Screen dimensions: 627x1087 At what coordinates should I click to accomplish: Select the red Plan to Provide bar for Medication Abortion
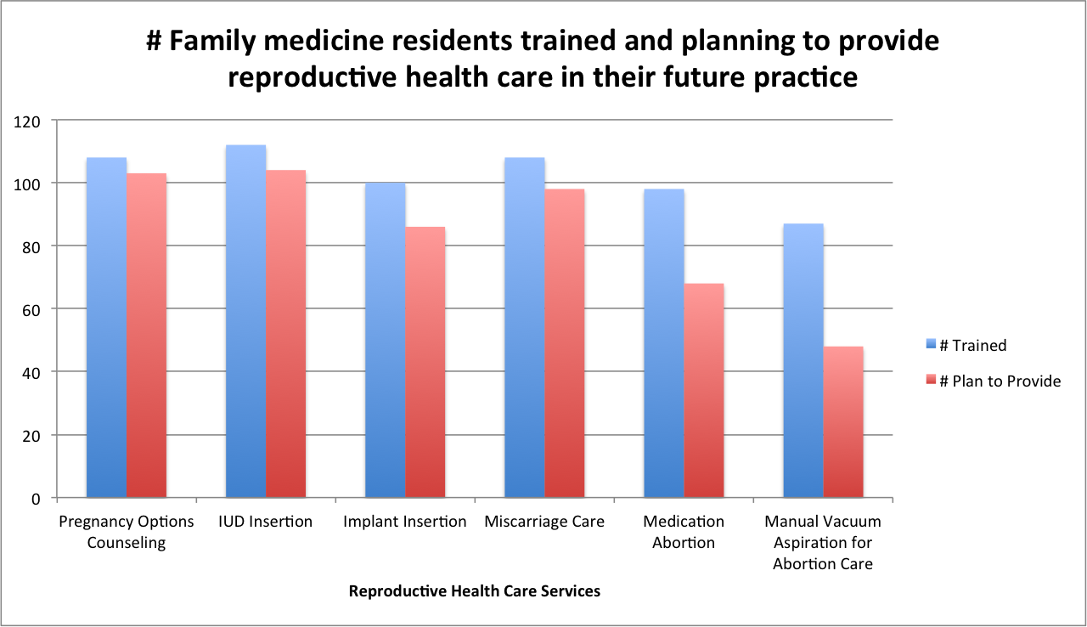tap(704, 390)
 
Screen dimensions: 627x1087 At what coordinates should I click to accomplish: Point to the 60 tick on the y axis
tap(32, 309)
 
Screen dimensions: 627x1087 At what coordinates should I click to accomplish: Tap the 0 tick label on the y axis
tap(37, 498)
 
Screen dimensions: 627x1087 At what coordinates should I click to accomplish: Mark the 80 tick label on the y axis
tap(32, 246)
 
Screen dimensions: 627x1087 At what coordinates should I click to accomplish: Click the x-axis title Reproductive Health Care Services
tap(474, 591)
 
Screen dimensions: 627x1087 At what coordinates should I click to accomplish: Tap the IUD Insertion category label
tap(266, 522)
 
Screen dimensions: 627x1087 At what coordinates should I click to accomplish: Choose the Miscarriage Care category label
tap(544, 522)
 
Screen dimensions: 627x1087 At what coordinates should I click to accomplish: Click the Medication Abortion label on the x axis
tap(684, 532)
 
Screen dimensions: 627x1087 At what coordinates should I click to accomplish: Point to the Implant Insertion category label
tap(405, 522)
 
